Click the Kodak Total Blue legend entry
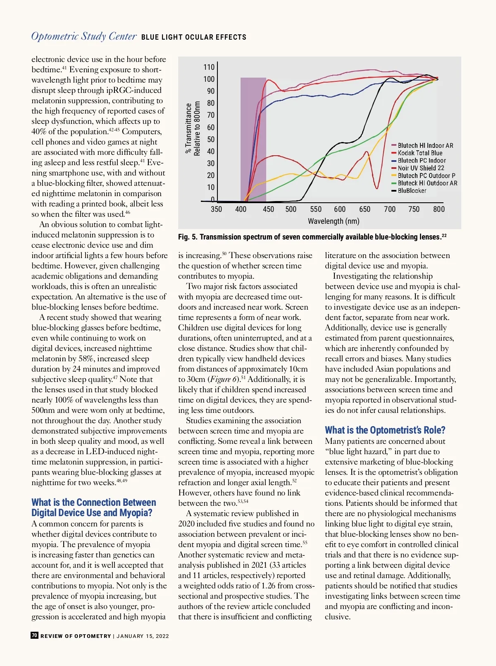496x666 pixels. tap(420, 153)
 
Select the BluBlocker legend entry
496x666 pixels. tap(412, 191)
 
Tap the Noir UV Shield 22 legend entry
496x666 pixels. tap(421, 168)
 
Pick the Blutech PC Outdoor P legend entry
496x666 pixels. tap(426, 175)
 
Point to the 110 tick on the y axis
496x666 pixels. tap(209, 67)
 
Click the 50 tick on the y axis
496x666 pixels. tap(211, 140)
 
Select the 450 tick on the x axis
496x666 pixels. tap(268, 209)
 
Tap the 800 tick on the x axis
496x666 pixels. tap(439, 209)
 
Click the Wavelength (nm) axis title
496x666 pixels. tap(334, 221)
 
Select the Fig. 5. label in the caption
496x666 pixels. tap(188, 237)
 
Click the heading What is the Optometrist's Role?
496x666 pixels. tap(385, 430)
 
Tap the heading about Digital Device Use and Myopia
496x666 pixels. tap(94, 507)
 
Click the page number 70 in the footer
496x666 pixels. tap(35, 635)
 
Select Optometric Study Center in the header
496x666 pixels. tap(84, 36)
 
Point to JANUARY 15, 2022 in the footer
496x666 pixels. tap(143, 636)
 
